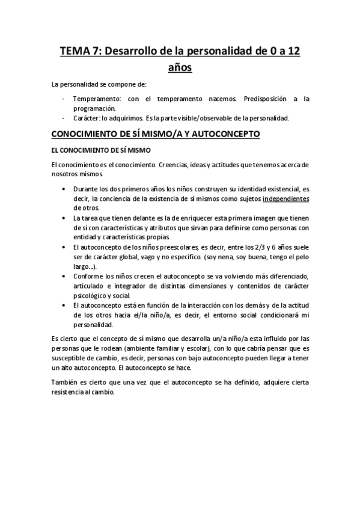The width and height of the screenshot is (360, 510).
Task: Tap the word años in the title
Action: (180, 68)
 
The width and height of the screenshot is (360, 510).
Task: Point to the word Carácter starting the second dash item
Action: (87, 118)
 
